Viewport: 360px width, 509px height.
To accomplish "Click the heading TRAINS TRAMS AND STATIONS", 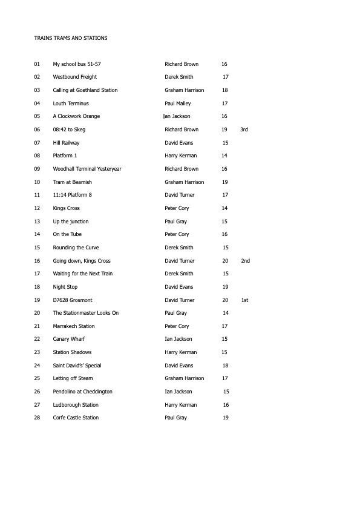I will (71, 38).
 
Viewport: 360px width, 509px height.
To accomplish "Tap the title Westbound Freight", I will (75, 77).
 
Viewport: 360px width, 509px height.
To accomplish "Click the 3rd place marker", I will (244, 130).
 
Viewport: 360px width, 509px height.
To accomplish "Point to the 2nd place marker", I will (245, 261).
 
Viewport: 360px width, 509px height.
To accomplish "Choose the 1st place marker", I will (244, 300).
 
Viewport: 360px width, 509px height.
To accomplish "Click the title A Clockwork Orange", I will (76, 116).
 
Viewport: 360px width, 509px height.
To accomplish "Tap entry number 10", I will (38, 182).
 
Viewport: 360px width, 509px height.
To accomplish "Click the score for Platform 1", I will (224, 156).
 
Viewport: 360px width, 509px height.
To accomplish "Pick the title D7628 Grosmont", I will (73, 300).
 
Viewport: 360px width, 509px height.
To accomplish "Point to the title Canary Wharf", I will (69, 339).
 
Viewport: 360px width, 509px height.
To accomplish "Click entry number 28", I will (38, 418).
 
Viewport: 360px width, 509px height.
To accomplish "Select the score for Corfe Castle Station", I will (225, 418).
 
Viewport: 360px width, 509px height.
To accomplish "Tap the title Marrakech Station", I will (74, 326).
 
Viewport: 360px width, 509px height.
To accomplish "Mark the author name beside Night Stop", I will (179, 287).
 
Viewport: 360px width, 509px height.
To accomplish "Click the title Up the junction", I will (71, 222).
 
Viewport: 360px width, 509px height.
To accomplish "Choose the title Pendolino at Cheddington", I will (82, 392).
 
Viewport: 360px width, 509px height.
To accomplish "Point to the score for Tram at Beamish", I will (224, 182).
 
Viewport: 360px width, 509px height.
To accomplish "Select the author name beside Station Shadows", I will (181, 352).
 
